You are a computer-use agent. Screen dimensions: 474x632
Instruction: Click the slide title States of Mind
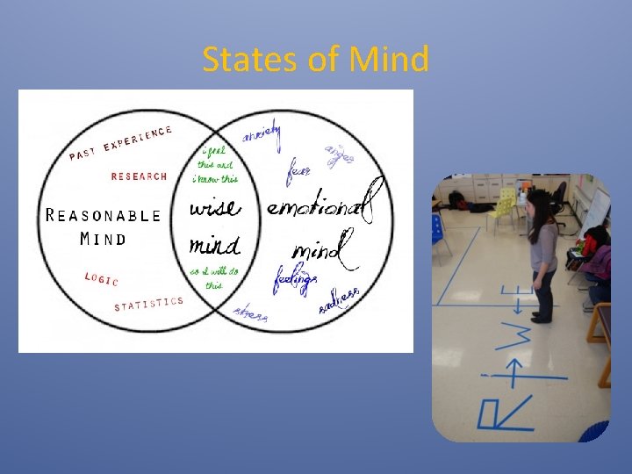[x=316, y=60]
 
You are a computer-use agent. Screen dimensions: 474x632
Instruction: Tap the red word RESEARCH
[x=139, y=176]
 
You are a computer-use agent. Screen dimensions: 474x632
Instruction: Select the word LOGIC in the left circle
[x=101, y=278]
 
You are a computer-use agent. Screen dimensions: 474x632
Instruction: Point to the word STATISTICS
[x=149, y=304]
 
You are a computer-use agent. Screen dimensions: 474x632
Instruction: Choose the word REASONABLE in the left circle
[x=104, y=215]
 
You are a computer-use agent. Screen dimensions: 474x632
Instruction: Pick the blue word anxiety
[x=262, y=135]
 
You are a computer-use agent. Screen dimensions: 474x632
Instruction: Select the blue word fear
[x=298, y=170]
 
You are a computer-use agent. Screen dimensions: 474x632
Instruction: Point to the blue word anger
[x=340, y=154]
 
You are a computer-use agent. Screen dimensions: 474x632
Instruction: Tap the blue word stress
[x=251, y=313]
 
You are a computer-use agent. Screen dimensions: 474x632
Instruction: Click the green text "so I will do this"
[x=214, y=277]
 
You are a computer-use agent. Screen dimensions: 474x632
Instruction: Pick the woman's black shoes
[x=541, y=318]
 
